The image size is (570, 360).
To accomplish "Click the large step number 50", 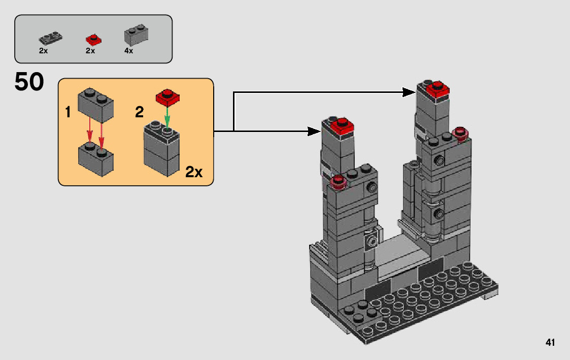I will click(x=29, y=82).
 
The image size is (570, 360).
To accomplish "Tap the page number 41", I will click(x=550, y=343).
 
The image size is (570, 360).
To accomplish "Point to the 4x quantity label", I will click(x=128, y=51).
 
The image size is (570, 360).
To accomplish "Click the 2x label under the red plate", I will click(x=90, y=51).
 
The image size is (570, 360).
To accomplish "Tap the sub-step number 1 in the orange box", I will click(x=68, y=113).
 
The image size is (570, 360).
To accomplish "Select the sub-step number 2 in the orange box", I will click(x=139, y=113).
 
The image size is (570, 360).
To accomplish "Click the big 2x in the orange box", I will click(x=193, y=172).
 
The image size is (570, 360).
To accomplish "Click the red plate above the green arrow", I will click(x=168, y=96).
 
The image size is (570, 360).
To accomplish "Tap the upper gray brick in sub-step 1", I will click(x=95, y=104).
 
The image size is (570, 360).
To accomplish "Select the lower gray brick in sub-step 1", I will click(x=95, y=158).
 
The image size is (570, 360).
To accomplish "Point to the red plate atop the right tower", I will click(x=438, y=90).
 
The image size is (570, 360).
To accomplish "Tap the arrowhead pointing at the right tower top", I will click(x=410, y=92).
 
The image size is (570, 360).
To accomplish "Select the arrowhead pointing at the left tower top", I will click(x=315, y=132).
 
